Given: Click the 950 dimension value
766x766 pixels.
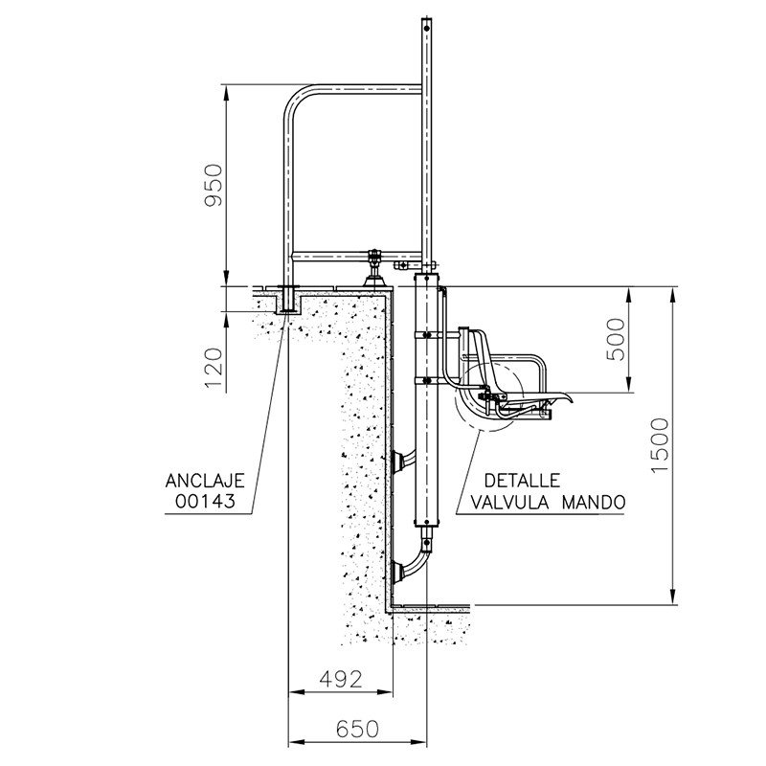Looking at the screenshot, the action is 213,186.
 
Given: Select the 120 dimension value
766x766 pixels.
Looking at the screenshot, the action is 214,369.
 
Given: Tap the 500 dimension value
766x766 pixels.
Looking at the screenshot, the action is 616,340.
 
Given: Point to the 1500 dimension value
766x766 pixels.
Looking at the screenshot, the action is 660,445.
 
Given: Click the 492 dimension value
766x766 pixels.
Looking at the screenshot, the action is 341,679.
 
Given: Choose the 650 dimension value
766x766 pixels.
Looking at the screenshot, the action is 357,730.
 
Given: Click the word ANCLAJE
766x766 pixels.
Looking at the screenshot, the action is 205,482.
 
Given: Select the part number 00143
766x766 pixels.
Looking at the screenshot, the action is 205,501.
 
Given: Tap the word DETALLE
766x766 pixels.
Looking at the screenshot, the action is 522,482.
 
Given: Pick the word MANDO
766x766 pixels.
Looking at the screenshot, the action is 594,502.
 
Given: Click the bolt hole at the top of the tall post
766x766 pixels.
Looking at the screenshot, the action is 427,29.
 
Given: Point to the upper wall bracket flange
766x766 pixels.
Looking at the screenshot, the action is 397,462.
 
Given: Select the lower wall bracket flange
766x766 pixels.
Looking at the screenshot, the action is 397,572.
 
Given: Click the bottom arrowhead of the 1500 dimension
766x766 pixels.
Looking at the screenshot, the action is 673,597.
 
